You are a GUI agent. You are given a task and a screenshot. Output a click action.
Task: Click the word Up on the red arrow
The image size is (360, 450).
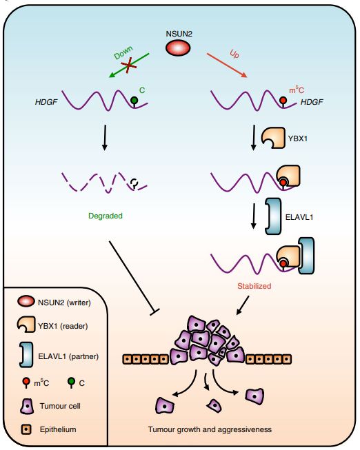[x=232, y=53]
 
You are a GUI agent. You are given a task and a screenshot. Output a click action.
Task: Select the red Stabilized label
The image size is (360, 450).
[x=254, y=285]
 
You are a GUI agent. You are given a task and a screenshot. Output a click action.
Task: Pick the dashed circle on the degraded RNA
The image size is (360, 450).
[x=135, y=183]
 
